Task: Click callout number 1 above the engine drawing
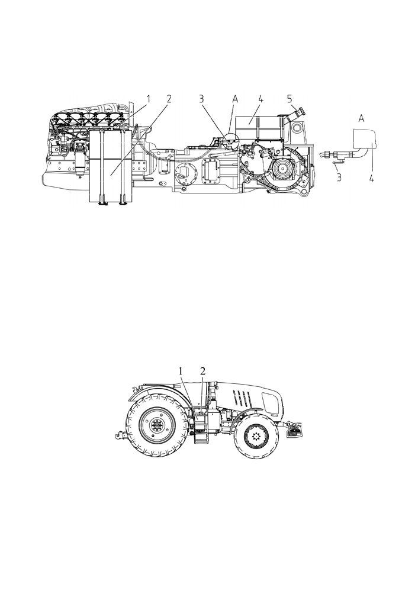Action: pyautogui.click(x=149, y=99)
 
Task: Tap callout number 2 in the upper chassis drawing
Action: pyautogui.click(x=169, y=99)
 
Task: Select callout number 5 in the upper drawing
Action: pyautogui.click(x=290, y=99)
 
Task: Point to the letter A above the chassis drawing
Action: pyautogui.click(x=235, y=99)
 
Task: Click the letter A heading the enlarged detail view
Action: pyautogui.click(x=361, y=118)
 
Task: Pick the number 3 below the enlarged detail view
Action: pyautogui.click(x=339, y=177)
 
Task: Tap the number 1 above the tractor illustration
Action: pyautogui.click(x=181, y=371)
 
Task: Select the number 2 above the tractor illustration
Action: pyautogui.click(x=203, y=371)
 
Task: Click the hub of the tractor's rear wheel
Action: pyautogui.click(x=155, y=426)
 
